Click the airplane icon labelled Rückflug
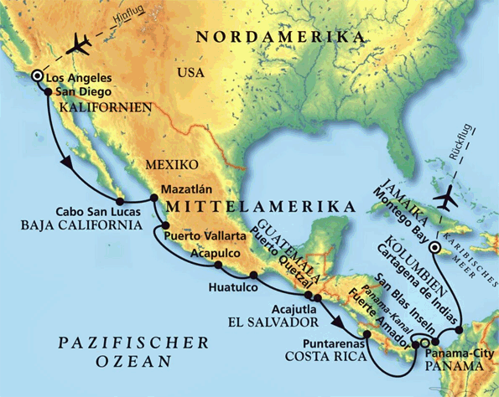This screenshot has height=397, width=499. click(446, 200)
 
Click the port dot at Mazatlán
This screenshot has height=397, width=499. click(153, 198)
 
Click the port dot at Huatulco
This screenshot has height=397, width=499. click(253, 275)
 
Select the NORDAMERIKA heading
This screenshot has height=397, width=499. click(279, 37)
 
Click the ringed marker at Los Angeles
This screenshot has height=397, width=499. click(37, 77)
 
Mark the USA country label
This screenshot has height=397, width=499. click(190, 74)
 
